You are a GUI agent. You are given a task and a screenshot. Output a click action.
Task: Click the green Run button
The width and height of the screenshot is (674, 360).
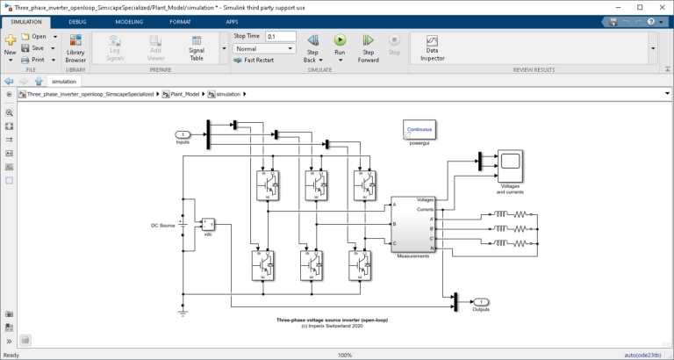340,40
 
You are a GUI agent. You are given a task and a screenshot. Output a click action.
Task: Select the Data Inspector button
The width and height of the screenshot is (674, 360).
432,47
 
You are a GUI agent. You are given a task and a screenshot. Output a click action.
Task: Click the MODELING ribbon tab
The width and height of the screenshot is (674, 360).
130,20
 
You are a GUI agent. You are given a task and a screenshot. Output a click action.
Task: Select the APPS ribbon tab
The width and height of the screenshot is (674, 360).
232,20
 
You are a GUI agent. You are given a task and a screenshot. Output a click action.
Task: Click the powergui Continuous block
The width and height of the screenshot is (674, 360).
419,130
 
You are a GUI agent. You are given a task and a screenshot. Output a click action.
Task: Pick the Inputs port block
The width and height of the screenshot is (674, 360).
183,134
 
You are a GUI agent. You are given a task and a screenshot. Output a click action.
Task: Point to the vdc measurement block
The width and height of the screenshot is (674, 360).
208,226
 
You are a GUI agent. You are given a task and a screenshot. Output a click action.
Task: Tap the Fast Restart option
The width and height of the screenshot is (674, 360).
262,60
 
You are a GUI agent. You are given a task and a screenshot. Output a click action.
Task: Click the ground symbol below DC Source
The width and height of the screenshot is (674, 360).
183,309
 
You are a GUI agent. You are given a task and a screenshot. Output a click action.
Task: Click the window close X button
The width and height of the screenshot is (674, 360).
660,6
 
